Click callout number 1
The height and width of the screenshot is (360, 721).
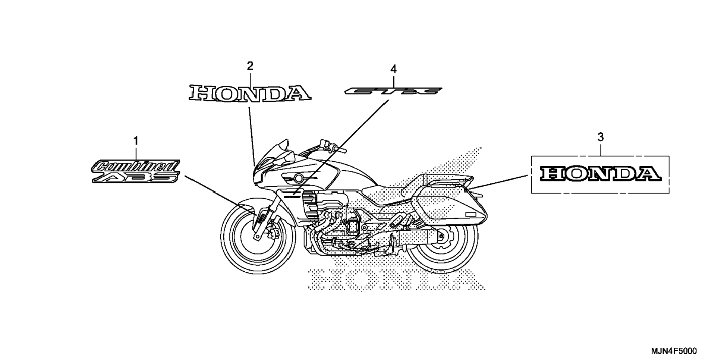pyautogui.click(x=136, y=141)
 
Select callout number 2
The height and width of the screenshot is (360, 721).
pyautogui.click(x=250, y=66)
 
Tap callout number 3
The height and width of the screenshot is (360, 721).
pyautogui.click(x=600, y=137)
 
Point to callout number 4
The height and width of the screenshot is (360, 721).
pyautogui.click(x=393, y=69)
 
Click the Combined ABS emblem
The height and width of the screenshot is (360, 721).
pyautogui.click(x=136, y=171)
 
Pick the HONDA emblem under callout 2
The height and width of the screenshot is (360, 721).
pyautogui.click(x=250, y=93)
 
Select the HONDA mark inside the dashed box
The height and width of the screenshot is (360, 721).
pyautogui.click(x=600, y=174)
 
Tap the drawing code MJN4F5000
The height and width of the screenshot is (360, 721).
pyautogui.click(x=674, y=351)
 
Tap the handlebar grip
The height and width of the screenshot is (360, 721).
pyautogui.click(x=340, y=150)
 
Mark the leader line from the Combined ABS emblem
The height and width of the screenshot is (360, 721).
pyautogui.click(x=216, y=192)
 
